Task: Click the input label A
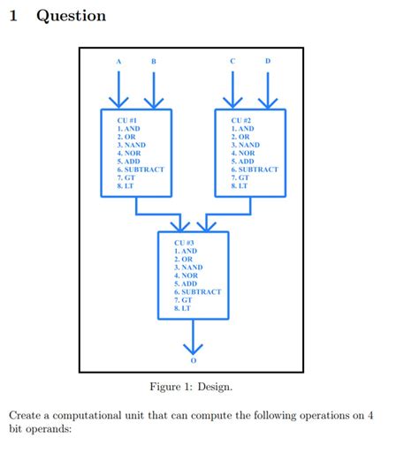click(118, 61)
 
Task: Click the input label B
click(154, 61)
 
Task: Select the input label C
click(232, 61)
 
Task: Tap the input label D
click(268, 61)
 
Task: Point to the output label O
click(193, 362)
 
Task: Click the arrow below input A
click(118, 88)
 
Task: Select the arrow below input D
click(268, 88)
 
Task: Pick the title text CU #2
click(241, 120)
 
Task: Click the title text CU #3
click(174, 242)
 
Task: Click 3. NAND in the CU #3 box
click(184, 267)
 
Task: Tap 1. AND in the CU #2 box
click(243, 129)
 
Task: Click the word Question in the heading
click(71, 16)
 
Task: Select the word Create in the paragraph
click(27, 414)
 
